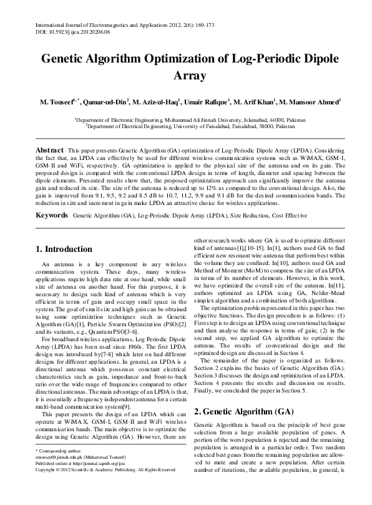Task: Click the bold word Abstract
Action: [49, 151]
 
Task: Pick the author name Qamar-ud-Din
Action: [105, 101]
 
